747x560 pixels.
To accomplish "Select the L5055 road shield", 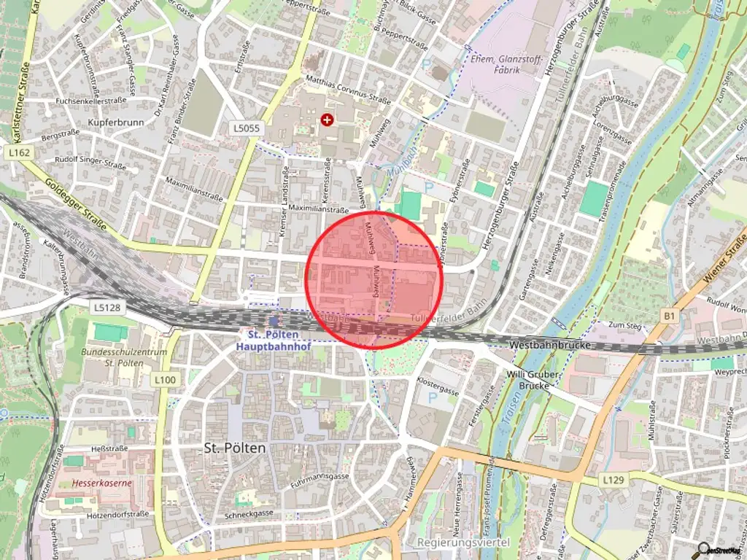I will (247, 128).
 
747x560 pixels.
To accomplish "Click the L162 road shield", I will (20, 152).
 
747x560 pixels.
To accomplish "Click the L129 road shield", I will (614, 481).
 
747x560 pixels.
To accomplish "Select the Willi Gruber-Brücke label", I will (535, 380).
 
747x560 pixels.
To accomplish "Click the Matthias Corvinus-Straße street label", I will (348, 90).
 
